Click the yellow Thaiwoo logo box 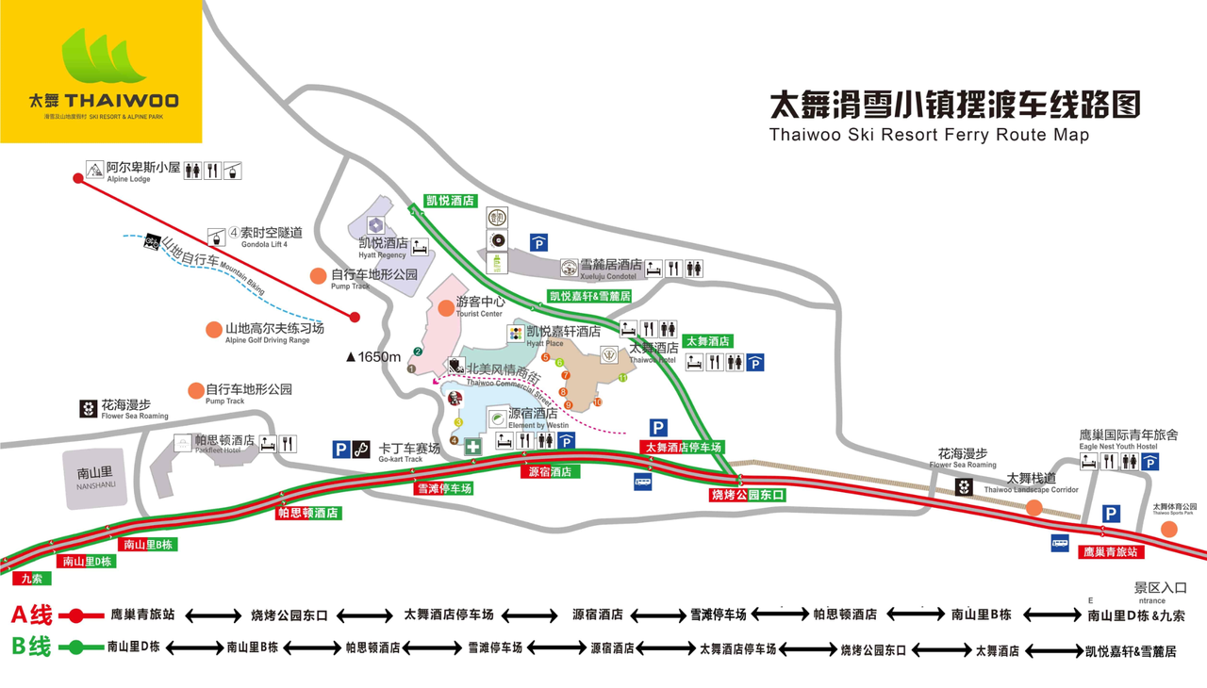pos(101,72)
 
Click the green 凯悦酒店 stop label pos(451,201)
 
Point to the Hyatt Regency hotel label pos(383,247)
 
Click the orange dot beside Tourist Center pos(446,308)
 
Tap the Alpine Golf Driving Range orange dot pos(214,330)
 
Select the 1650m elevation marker pos(373,357)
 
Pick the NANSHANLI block pos(95,479)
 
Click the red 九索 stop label pos(31,579)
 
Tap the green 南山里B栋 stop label pos(147,544)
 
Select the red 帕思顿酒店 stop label pos(307,514)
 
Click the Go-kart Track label pos(409,451)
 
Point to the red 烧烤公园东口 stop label pos(747,495)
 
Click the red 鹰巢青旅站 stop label pos(1110,552)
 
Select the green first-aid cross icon pos(473,448)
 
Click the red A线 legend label pos(31,615)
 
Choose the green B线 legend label pos(31,647)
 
